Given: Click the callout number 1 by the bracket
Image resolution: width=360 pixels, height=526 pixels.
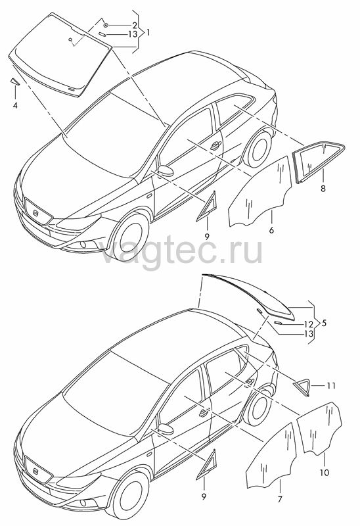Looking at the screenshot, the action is (147, 33).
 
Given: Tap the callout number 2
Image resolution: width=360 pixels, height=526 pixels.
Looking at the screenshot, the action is (134, 25).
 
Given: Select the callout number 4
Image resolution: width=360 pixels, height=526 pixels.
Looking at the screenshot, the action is (14, 106).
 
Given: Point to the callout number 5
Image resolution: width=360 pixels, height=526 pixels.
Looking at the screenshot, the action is (323, 323).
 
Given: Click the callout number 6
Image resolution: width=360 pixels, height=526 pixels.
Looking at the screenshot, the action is (271, 230).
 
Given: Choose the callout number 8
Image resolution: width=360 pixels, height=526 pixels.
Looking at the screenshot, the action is (323, 189).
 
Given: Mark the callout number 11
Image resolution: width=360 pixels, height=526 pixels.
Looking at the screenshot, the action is (331, 386).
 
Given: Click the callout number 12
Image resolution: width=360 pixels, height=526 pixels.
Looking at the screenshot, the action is (309, 324).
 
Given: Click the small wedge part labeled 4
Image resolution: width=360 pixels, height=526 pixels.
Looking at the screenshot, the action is (14, 82).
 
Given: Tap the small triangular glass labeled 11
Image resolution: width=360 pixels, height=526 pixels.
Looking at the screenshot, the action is (303, 386).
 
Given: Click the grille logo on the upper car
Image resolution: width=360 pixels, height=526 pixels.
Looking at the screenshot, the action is (37, 213).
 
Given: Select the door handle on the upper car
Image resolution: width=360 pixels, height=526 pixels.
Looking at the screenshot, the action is (215, 145).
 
